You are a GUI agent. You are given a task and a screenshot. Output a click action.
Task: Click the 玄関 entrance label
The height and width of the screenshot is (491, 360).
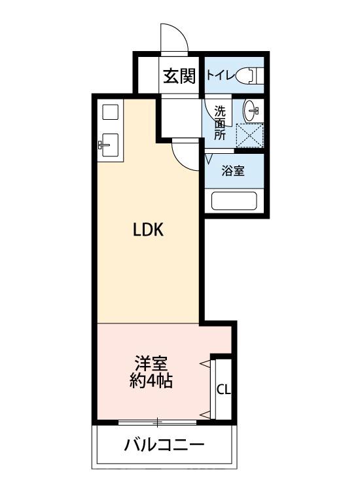point(179,77)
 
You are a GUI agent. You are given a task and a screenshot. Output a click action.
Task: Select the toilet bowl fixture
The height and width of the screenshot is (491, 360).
point(249,75)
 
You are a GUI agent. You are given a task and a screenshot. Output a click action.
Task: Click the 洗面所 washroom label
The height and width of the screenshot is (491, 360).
point(220,122)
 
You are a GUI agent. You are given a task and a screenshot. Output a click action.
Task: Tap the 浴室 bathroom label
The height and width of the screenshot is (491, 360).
point(233,171)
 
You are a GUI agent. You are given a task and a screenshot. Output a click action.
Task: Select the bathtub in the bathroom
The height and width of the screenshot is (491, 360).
point(234,200)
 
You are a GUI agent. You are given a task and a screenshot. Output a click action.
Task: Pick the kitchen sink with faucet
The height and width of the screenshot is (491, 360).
point(109,145)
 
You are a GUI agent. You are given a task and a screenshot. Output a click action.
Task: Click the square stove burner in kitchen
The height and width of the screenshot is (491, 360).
point(109,112)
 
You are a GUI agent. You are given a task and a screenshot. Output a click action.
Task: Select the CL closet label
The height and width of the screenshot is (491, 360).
point(223,390)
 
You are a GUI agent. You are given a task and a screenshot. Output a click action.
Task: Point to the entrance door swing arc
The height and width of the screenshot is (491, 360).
point(175,39)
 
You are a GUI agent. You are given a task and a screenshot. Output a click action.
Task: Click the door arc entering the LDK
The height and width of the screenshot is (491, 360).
point(183,156)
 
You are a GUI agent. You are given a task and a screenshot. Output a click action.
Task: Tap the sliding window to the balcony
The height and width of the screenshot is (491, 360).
point(158,420)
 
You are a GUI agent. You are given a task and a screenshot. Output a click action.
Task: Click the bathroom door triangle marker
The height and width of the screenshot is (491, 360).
point(209,158)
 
